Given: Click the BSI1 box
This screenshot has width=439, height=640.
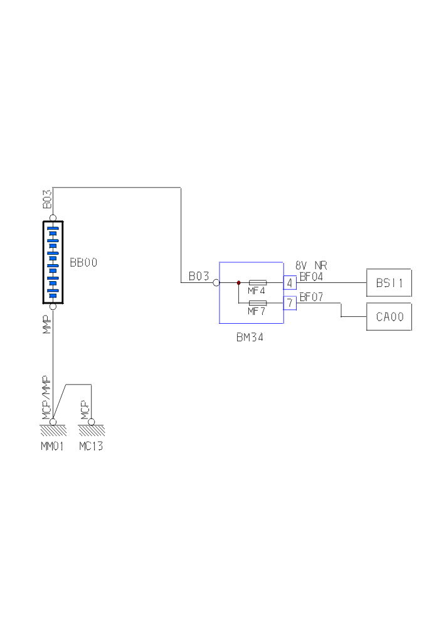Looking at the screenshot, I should (x=389, y=282).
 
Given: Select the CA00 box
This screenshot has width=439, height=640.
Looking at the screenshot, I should (x=389, y=317).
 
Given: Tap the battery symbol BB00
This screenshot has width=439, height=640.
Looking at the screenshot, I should (x=53, y=262).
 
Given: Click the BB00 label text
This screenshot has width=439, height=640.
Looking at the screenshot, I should (x=83, y=263).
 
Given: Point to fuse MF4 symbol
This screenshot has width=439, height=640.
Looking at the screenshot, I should (x=258, y=283).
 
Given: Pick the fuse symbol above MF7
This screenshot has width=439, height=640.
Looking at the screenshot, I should (x=258, y=303).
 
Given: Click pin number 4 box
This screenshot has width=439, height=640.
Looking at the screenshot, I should (x=290, y=283).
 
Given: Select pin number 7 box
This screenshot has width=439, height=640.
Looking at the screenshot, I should (x=290, y=303).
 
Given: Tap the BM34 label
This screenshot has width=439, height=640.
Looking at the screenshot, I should (x=250, y=337).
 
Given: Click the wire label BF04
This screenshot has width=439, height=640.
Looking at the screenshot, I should (x=311, y=276).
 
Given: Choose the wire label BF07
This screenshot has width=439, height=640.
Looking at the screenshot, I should (x=311, y=297).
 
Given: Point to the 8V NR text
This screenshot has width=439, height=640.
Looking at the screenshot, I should (x=311, y=266).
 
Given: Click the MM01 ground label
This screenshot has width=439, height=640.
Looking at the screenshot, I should (x=53, y=446).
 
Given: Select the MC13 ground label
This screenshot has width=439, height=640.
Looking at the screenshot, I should (x=91, y=446).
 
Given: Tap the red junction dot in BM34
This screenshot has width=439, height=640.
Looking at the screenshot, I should (x=239, y=283).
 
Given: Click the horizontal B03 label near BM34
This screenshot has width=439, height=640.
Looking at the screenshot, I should (x=199, y=276).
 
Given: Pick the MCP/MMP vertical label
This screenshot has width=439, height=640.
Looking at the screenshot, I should (x=46, y=397).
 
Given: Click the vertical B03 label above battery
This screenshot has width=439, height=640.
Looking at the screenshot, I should (x=46, y=201).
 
